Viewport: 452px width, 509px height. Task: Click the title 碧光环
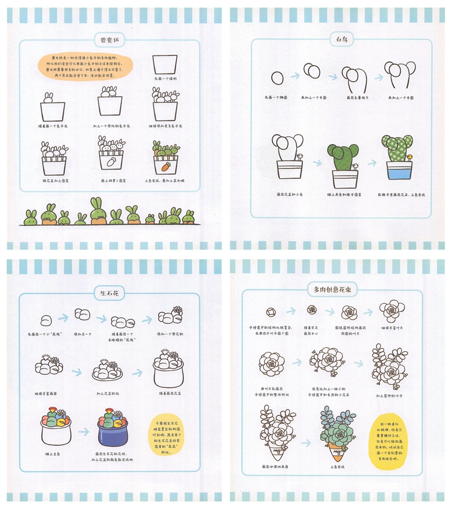[x=107, y=40]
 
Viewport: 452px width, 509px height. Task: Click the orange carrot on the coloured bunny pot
[x=165, y=167]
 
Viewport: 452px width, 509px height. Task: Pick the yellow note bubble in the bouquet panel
[x=396, y=438]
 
